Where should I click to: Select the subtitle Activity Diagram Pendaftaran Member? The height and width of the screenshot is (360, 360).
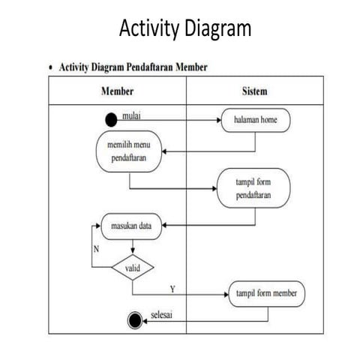[x=133, y=67]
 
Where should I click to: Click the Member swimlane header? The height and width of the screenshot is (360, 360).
[x=117, y=91]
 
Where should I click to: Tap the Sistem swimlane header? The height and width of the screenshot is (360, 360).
[x=254, y=91]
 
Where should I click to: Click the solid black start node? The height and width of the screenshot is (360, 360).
[x=112, y=119]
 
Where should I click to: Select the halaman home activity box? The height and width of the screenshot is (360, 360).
[x=255, y=119]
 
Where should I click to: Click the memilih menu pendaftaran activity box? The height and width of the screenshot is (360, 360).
[x=128, y=151]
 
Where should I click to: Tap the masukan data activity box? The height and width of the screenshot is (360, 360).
[x=131, y=224]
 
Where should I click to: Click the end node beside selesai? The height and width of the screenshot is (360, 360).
[x=135, y=320]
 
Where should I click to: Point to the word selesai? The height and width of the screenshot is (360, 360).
[x=162, y=314]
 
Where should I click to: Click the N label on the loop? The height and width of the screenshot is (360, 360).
[x=95, y=248]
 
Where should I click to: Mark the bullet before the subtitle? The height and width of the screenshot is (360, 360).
[x=51, y=67]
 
